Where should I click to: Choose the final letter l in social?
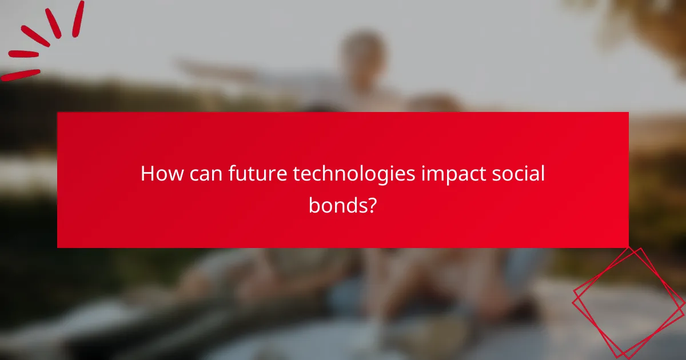click(543, 174)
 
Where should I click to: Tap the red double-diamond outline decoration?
click(629, 303)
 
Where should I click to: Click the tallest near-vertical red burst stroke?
click(78, 18)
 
